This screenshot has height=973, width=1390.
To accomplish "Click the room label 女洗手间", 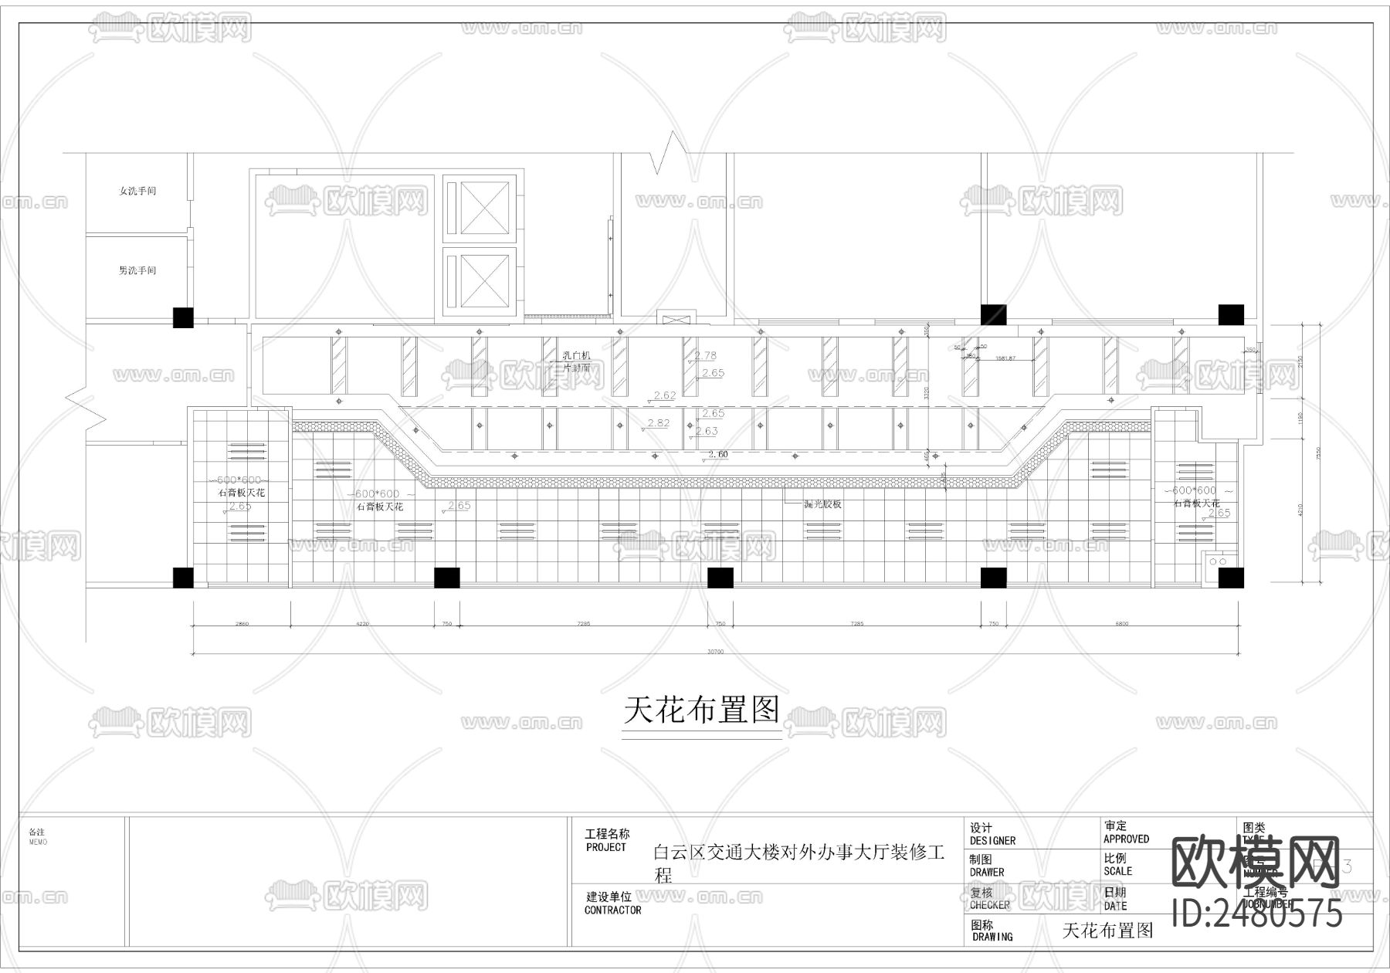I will point(137,191).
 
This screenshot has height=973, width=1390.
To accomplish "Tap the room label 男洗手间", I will point(137,271).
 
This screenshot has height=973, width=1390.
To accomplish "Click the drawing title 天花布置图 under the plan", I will point(701,710).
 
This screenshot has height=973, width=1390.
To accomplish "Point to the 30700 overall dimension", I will point(715,652).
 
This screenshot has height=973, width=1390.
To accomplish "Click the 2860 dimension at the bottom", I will point(242,623).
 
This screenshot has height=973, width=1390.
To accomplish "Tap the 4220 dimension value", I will point(361,623).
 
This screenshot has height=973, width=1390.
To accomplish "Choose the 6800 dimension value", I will point(1121,623).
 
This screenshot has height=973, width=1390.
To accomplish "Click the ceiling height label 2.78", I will point(706,356).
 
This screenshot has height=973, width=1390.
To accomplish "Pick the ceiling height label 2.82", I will point(659,423).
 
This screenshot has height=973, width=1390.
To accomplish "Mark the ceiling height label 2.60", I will point(718,454).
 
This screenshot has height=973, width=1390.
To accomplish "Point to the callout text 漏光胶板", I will point(822,504).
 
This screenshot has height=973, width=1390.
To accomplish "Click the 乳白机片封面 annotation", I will point(576,361).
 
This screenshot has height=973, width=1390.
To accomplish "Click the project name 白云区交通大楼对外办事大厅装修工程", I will point(799,863).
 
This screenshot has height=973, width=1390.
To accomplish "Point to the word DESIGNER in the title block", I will point(992,841).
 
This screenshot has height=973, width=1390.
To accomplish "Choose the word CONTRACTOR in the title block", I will point(612,910).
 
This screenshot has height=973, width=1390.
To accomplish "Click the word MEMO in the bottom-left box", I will point(37,842).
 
